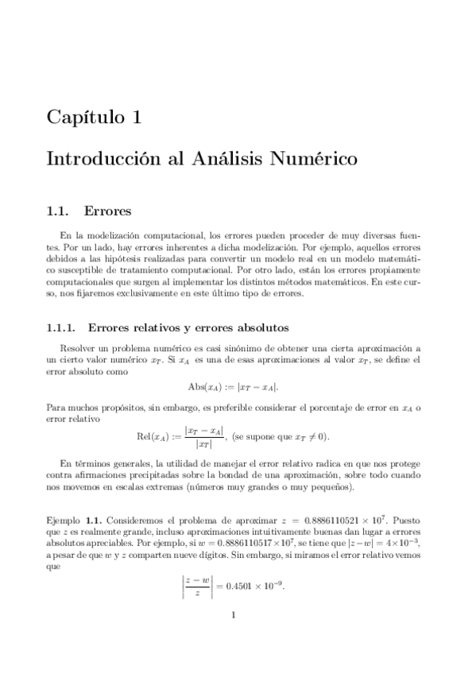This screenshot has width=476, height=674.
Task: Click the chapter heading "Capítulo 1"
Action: coord(95,118)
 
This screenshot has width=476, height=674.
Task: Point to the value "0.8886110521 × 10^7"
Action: coord(351,517)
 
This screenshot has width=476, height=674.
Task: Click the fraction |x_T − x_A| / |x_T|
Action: coord(203,436)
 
